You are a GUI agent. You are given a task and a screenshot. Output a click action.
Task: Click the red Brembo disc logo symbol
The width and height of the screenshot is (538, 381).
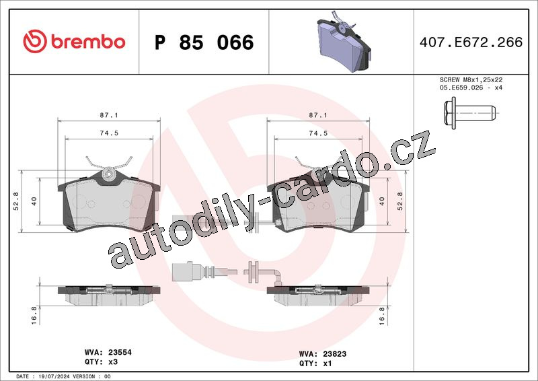35,41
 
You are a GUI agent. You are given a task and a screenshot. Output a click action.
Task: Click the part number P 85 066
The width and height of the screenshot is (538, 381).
204,42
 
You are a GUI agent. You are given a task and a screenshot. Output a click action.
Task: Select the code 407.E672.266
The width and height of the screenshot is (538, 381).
471,42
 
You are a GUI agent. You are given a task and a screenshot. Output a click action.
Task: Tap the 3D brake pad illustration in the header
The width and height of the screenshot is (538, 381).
344,42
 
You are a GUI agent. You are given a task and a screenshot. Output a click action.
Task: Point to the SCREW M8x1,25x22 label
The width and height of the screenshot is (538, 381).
471,79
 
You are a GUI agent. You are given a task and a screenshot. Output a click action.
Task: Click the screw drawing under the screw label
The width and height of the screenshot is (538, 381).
469,113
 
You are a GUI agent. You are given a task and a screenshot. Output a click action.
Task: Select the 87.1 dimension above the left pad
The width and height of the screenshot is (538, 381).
109,115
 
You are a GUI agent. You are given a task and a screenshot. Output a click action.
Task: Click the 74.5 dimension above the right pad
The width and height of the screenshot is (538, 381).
318,133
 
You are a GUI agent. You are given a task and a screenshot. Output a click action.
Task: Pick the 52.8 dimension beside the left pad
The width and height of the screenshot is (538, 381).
16,201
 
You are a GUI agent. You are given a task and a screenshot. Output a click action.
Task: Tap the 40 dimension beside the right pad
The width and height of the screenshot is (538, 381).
382,201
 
